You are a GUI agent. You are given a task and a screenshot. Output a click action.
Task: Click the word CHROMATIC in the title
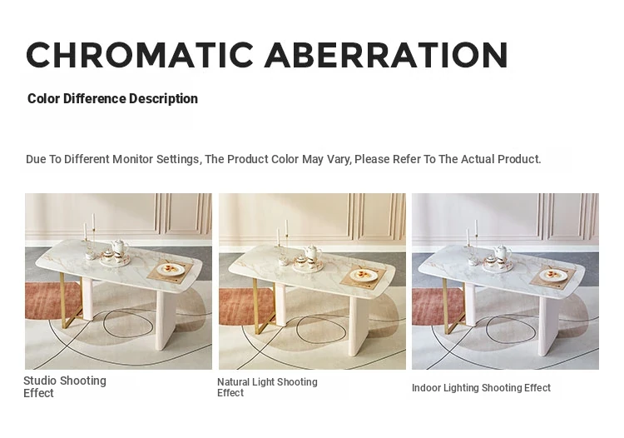click(140, 55)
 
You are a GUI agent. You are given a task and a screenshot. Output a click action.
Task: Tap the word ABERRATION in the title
click(386, 55)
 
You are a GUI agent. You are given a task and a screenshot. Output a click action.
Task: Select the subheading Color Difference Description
click(112, 99)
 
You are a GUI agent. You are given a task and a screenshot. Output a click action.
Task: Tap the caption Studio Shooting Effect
click(65, 386)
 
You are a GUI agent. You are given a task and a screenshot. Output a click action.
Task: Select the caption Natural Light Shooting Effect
click(267, 387)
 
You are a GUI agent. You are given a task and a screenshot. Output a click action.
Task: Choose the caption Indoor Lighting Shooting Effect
click(481, 388)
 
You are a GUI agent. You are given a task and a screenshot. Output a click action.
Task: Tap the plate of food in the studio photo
click(171, 269)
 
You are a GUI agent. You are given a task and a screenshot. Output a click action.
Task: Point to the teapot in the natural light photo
click(313, 252)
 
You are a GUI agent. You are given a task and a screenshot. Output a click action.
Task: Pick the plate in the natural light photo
click(364, 274)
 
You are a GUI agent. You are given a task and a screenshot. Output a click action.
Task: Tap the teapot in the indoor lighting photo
click(503, 252)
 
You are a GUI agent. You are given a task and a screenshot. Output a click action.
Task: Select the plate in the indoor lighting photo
click(553, 275)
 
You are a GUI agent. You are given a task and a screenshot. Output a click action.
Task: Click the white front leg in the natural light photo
click(358, 323)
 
